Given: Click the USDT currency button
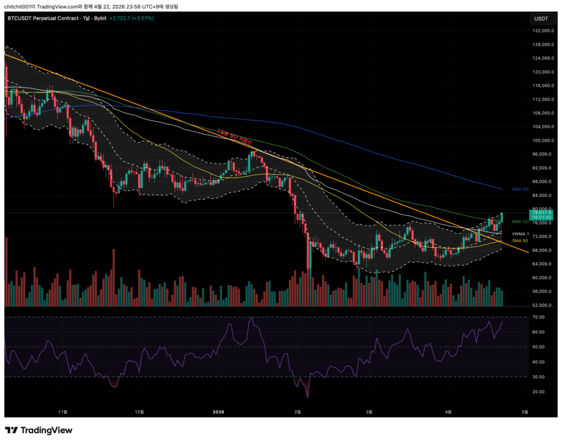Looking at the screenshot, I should [541, 19].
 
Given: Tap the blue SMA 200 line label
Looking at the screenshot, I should [521, 189].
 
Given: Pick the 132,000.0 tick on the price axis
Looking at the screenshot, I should [541, 31].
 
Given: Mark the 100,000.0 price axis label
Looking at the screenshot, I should [541, 140].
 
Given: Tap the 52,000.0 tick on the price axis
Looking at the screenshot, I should [541, 305].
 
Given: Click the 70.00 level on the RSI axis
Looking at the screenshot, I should [537, 317].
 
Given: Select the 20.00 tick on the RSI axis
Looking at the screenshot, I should [537, 391].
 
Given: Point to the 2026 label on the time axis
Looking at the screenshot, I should [218, 412].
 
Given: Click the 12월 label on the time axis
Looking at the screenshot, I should [139, 412].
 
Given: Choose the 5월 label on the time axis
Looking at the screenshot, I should [525, 412].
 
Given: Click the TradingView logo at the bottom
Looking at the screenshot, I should [38, 430].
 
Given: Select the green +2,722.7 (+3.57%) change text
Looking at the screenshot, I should [132, 18].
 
